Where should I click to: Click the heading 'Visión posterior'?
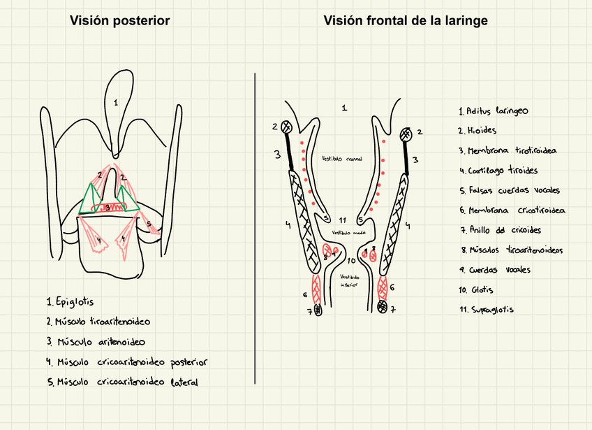coord(119,21)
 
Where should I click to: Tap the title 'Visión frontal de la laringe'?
coord(406,21)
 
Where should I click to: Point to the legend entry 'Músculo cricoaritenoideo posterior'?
coord(127,362)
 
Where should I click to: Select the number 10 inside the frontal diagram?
coord(351,260)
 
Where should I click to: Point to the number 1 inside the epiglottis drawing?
coord(116,102)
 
